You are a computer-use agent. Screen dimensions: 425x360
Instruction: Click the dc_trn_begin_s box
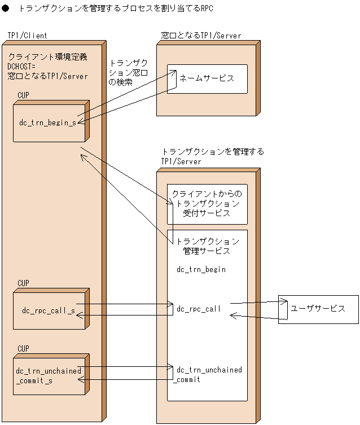click(49, 122)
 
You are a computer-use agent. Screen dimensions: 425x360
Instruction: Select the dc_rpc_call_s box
click(49, 310)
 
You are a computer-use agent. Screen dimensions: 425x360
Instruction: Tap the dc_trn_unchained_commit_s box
click(49, 375)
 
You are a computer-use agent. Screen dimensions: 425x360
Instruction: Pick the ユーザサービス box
click(318, 309)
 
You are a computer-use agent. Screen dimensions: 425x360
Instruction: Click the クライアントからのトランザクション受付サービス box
click(207, 204)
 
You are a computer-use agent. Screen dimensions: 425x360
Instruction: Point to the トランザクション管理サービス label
click(207, 246)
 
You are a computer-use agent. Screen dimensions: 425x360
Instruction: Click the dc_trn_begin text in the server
click(201, 270)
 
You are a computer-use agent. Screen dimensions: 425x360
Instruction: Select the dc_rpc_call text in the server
click(199, 309)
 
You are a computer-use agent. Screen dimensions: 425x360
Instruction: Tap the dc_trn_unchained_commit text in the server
click(209, 375)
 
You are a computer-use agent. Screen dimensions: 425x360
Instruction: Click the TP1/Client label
click(27, 36)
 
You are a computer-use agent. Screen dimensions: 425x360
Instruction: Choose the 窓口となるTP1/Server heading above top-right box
click(201, 36)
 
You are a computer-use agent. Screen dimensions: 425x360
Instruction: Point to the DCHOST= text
click(22, 66)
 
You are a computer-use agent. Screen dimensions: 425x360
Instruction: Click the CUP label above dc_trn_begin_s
click(23, 95)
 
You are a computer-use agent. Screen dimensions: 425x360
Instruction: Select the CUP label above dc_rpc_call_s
click(23, 283)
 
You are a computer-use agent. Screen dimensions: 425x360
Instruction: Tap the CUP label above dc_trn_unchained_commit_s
click(23, 349)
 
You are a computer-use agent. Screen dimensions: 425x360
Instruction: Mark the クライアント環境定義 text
click(48, 56)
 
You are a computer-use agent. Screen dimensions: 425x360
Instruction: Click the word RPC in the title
click(207, 9)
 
